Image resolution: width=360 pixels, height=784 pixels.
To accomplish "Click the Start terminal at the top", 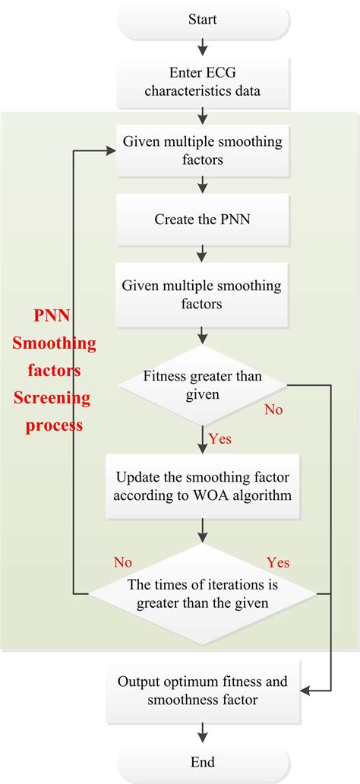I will pyautogui.click(x=202, y=21).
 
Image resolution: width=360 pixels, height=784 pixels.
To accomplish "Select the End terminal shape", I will pyautogui.click(x=202, y=762).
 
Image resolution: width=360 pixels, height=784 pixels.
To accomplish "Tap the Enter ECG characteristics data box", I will pyautogui.click(x=202, y=84).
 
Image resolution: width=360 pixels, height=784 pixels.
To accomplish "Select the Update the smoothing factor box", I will pyautogui.click(x=202, y=486).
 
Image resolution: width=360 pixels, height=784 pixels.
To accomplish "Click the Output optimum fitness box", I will pyautogui.click(x=202, y=691).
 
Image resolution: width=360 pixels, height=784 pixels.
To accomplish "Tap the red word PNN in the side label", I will pyautogui.click(x=54, y=315).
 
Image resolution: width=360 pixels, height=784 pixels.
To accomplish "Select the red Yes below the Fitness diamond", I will pyautogui.click(x=219, y=439).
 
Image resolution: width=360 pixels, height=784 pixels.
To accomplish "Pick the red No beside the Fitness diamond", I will pyautogui.click(x=273, y=410).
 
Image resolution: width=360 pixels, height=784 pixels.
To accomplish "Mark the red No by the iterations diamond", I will pyautogui.click(x=123, y=562).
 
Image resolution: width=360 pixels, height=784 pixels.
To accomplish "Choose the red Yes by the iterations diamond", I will pyautogui.click(x=279, y=562).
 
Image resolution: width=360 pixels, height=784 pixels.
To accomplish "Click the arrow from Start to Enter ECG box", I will pyautogui.click(x=202, y=48).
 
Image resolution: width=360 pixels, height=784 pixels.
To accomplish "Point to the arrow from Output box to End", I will pyautogui.click(x=202, y=732).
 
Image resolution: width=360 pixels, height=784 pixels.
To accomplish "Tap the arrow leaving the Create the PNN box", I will pyautogui.click(x=202, y=251).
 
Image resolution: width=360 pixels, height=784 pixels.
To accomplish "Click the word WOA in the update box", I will pyautogui.click(x=237, y=495).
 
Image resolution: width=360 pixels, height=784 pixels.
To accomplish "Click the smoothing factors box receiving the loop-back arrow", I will pyautogui.click(x=202, y=150).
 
